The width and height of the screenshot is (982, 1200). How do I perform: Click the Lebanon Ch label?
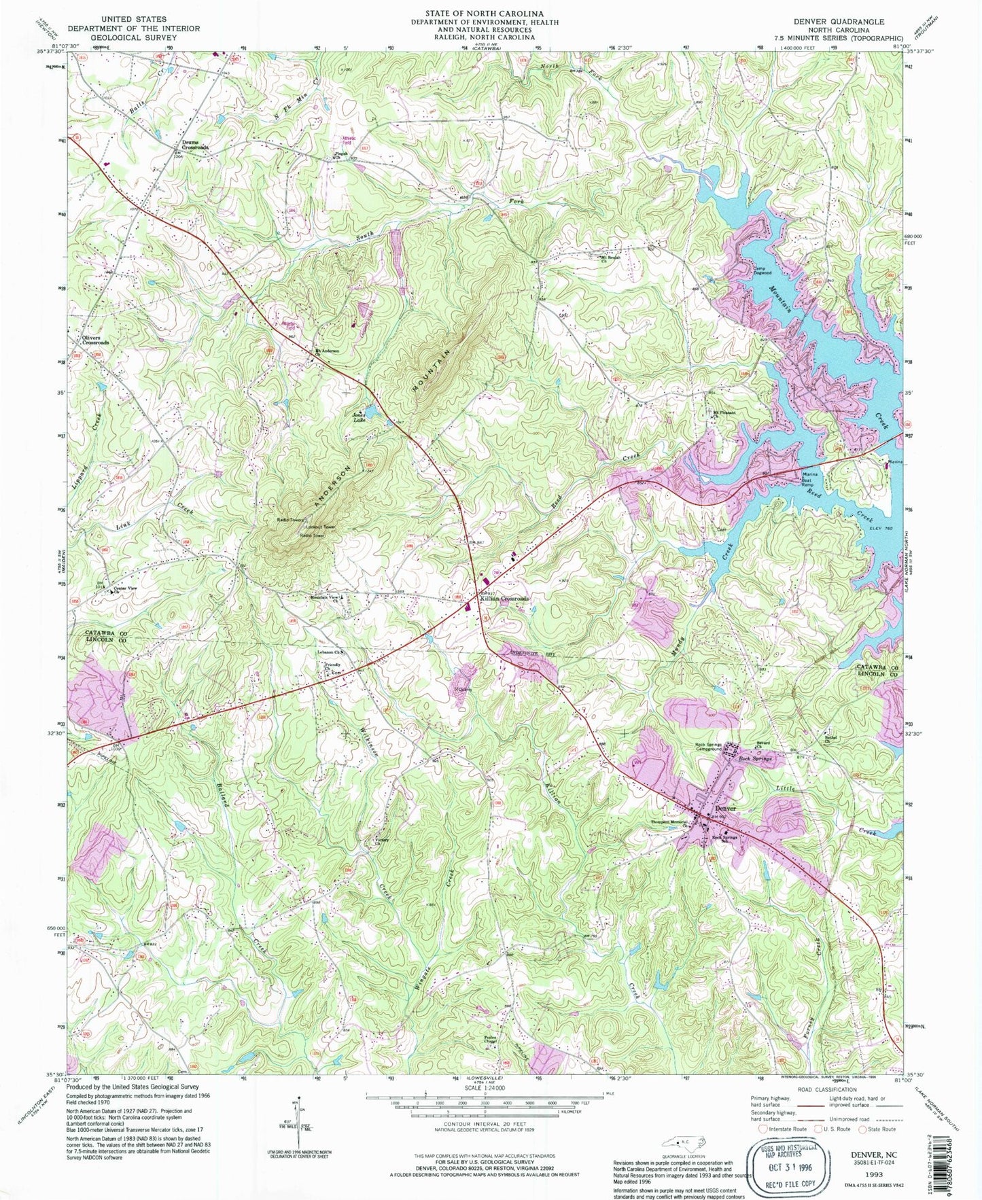(x=331, y=652)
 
